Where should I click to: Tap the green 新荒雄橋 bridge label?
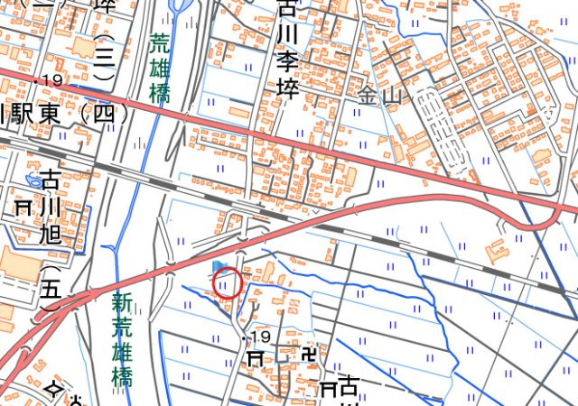[x=122, y=339]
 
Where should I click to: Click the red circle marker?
[x=228, y=283]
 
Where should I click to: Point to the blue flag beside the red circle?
[x=219, y=267]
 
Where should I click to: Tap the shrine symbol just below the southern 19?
[x=256, y=358]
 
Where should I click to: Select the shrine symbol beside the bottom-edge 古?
[x=327, y=390]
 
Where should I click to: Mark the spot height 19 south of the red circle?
[x=260, y=337]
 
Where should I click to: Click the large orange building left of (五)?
[x=19, y=265]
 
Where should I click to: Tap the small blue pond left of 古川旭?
[x=33, y=181]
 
